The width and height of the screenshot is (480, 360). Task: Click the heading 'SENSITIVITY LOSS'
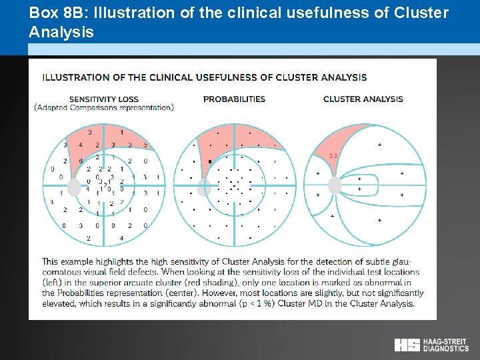pos(104,99)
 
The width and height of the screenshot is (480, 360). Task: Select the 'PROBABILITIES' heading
pos(234,99)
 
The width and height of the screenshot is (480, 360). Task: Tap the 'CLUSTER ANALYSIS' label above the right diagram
pos(363,99)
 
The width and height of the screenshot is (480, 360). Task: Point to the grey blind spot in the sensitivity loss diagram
pos(75,187)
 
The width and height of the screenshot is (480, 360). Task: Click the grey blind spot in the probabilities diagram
pos(204,187)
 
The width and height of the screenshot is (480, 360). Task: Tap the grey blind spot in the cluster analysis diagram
pos(334,186)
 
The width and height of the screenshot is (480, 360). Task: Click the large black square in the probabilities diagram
pos(210,161)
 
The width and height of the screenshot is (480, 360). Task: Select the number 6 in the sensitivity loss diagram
pos(81,161)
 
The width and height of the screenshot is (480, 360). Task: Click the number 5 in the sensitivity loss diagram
pos(145,145)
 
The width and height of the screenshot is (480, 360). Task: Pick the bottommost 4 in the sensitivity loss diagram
pos(121,238)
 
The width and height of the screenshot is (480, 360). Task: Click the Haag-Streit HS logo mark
pos(407,345)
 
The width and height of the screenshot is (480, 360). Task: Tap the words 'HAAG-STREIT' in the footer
pos(445,341)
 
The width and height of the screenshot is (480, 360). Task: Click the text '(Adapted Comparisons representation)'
pos(104,107)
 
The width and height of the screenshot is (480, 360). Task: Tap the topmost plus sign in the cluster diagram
pos(380,144)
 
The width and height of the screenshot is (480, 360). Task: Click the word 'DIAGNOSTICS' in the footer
pos(445,349)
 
